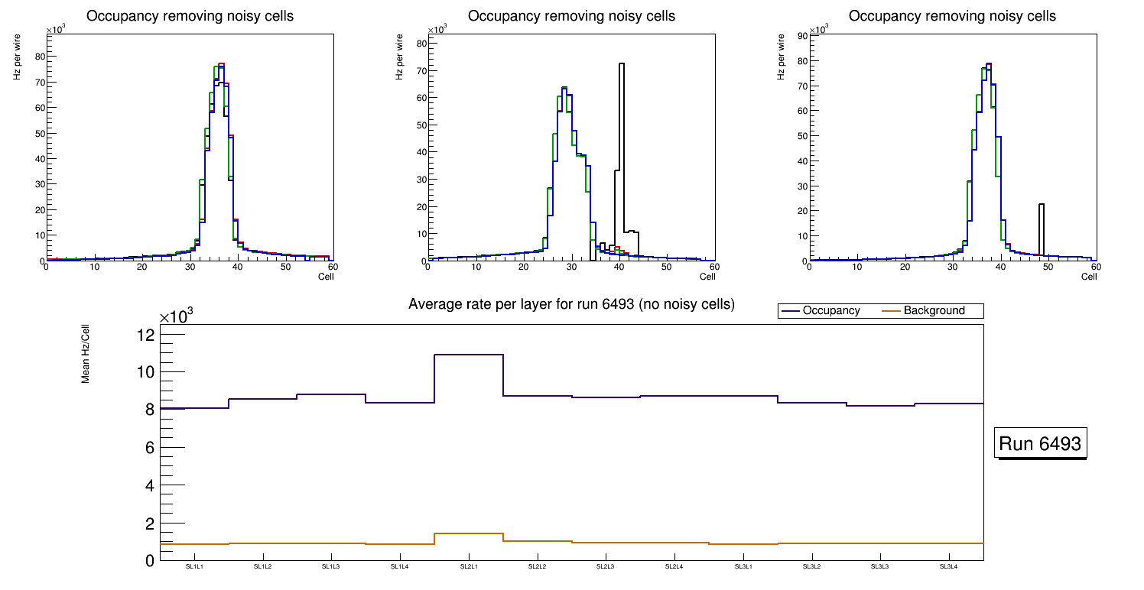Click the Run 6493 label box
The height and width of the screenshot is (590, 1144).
coord(1042,444)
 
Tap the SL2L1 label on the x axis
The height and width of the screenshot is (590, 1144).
coord(468,567)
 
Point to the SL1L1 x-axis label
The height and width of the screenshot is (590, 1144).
coord(193,567)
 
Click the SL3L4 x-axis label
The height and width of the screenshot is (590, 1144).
coord(948,567)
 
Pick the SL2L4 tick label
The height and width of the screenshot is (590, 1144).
coord(674,567)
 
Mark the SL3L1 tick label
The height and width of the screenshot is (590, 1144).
coord(743,567)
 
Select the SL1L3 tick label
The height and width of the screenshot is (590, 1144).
coord(330,567)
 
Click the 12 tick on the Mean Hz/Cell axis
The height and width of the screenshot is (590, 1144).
coord(146,335)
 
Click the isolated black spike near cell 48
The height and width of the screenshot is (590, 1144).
coord(1042,229)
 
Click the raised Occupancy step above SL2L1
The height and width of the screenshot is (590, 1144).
coord(469,355)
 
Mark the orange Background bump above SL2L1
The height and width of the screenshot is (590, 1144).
coord(469,533)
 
